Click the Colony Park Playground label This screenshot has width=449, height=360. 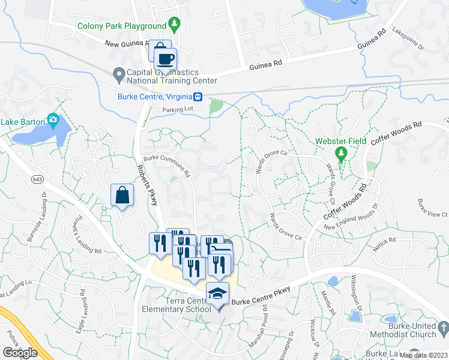(x=122, y=26)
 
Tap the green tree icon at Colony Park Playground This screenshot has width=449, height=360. (x=175, y=25)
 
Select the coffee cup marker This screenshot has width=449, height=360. (x=166, y=59)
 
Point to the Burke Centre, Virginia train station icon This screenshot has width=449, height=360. (x=197, y=97)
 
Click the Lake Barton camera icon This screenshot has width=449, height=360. (x=53, y=121)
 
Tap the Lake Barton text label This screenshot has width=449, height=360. (x=22, y=122)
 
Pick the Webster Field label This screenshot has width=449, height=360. (x=341, y=142)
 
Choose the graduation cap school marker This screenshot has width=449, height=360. (x=217, y=294)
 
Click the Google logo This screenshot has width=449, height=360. (x=20, y=353)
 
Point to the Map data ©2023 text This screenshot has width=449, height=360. (x=424, y=355)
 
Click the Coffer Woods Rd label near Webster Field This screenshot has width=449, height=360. (x=396, y=133)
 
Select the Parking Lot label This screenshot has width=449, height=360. (x=180, y=110)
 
